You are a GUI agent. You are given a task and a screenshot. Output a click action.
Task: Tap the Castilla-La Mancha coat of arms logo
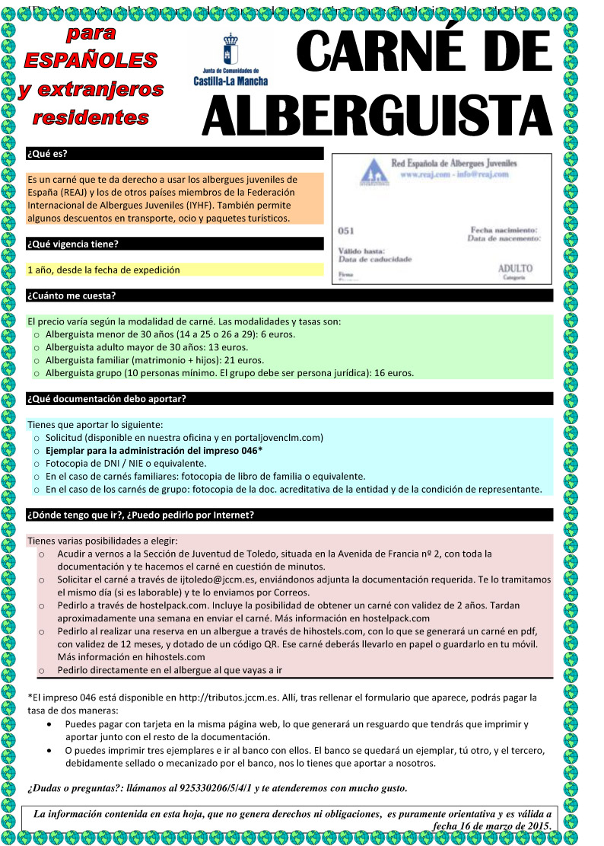click(230, 49)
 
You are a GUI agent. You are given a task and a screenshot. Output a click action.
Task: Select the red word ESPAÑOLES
click(91, 60)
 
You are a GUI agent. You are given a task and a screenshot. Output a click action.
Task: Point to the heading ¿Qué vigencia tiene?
click(73, 244)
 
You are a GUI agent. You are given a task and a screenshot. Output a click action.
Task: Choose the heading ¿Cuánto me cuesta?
click(71, 295)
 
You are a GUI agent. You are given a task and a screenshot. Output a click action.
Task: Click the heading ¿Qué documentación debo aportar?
click(106, 398)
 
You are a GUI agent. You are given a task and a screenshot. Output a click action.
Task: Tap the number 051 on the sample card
click(345, 231)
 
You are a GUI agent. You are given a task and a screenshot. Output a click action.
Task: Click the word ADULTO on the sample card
click(515, 269)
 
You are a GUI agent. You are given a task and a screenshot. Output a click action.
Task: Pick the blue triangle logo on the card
click(371, 171)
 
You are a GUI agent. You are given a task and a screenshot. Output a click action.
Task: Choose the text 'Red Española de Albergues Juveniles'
click(453, 164)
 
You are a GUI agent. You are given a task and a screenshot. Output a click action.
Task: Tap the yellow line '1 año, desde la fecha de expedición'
click(103, 270)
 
